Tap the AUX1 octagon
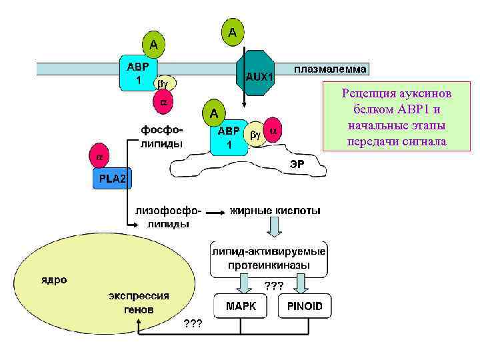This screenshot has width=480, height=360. pos(257,75)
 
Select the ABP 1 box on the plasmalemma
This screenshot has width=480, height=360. pos(137,73)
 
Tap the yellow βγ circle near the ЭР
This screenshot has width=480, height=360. pos(255,134)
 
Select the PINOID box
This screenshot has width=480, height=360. pos(305,307)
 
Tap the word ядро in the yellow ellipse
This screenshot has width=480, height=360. pos(53,280)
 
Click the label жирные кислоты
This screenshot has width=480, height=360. pos(275,211)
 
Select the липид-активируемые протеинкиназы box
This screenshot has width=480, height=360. pos(268,259)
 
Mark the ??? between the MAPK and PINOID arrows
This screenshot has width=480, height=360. pos(274,285)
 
